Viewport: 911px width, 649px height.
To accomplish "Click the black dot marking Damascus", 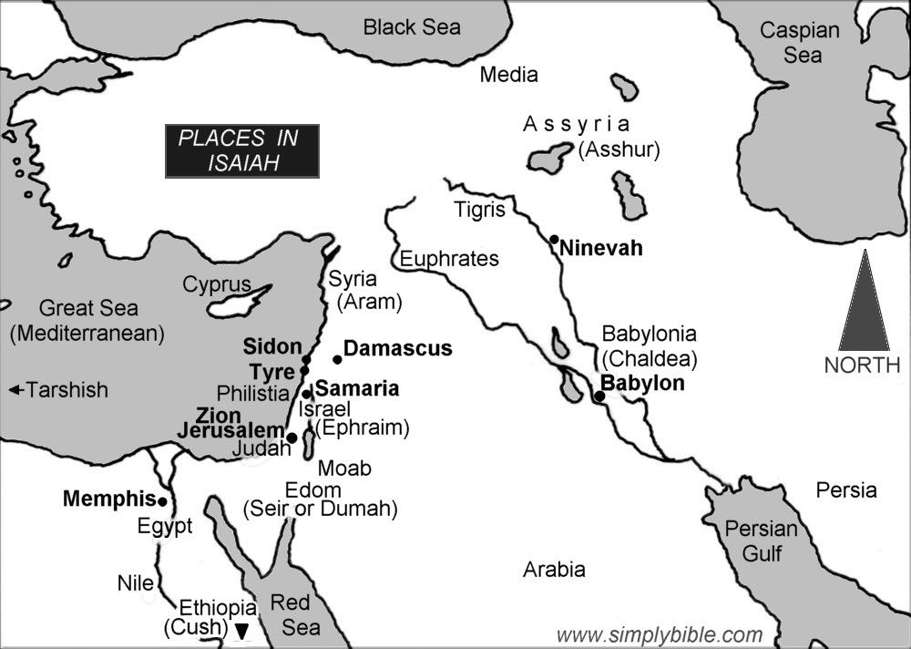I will [x=337, y=358].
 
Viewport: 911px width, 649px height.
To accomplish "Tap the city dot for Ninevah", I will [x=554, y=239].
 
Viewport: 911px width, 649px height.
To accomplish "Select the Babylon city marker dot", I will [x=599, y=397].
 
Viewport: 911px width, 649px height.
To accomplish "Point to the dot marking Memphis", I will [x=162, y=501].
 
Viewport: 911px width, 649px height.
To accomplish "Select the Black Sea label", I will [x=412, y=27].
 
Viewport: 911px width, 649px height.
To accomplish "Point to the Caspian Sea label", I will [x=800, y=43].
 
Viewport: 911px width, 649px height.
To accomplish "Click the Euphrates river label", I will [x=449, y=259].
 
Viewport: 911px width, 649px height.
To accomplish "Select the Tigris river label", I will [x=479, y=211].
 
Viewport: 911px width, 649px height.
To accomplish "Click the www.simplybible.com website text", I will [x=647, y=634].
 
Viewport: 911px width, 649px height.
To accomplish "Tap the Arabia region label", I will [x=554, y=571].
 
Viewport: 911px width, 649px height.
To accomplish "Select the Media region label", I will [x=508, y=75].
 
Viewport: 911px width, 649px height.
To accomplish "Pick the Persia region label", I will [x=845, y=490].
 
